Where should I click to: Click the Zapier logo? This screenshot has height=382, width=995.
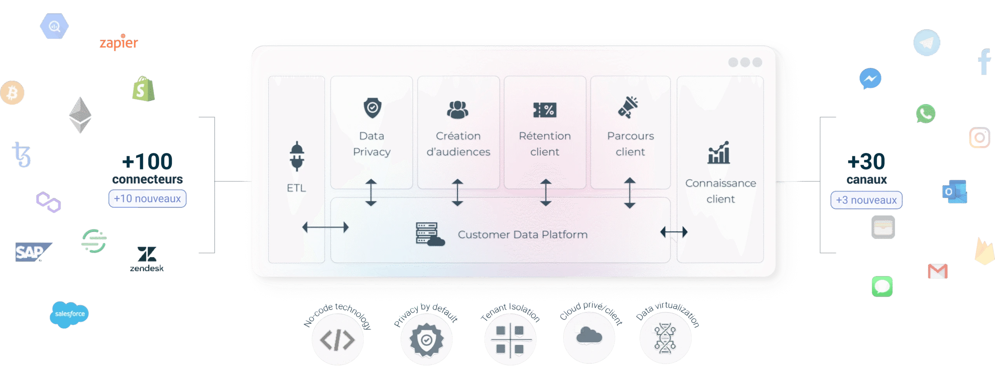point(119,42)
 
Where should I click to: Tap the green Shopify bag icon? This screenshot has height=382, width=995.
point(143,89)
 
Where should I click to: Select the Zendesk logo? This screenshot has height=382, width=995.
point(147,259)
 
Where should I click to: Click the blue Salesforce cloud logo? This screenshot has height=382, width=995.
point(69,314)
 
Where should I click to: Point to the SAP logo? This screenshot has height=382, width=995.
point(33,252)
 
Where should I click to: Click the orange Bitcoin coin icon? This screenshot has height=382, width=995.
point(12,93)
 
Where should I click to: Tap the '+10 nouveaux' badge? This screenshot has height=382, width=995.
point(147,199)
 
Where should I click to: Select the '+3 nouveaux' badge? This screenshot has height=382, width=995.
point(866,200)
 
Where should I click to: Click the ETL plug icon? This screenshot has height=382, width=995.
point(297,156)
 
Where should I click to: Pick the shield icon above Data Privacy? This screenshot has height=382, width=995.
point(372,108)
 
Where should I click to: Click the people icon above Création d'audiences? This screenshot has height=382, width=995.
point(458,110)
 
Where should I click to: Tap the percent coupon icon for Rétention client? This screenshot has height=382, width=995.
point(545,110)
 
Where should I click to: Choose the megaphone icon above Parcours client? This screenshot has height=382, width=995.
point(628,107)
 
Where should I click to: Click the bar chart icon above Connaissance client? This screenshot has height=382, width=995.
point(719,153)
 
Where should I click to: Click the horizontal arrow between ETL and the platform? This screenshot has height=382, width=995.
point(325,227)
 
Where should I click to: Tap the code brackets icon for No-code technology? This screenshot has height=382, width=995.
point(337,340)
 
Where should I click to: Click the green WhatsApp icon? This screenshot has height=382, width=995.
point(925,113)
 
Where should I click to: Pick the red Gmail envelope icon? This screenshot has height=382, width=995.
point(937,271)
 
